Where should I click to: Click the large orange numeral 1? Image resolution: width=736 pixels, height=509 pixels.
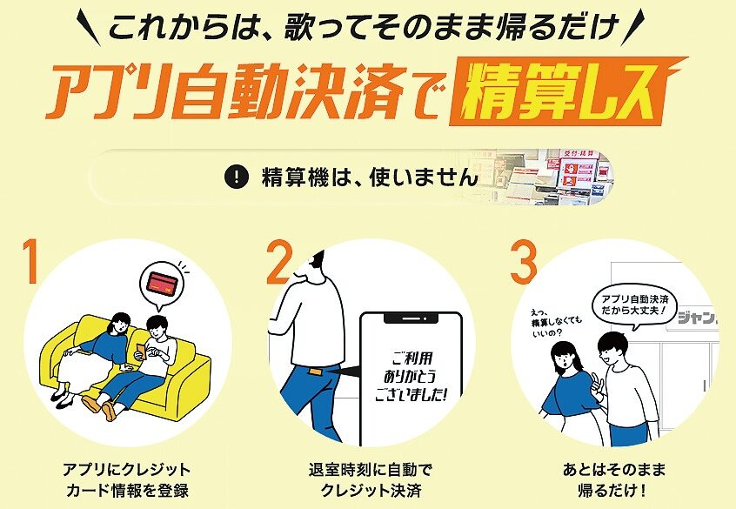pos(31,262)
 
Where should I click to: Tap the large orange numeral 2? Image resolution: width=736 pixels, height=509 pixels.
pos(279,262)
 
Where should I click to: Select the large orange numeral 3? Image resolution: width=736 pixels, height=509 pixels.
pos(524,262)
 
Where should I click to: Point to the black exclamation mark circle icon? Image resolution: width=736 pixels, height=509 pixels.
pos(236,177)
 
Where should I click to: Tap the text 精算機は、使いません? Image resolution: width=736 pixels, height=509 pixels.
pos(371,177)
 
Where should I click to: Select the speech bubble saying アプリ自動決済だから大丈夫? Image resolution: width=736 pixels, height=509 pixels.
pos(634,305)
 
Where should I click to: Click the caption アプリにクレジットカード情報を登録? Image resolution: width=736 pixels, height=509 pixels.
pos(127,480)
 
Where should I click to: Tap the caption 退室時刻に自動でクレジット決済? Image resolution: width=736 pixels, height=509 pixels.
pos(371,480)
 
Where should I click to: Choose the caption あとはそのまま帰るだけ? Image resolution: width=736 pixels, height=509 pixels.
pos(613,480)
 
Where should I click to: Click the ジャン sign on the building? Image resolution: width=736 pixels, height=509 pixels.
pos(698,318)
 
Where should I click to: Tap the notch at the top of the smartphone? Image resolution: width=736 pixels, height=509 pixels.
pos(411,318)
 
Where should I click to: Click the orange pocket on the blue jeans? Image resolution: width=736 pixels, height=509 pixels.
pos(314,374)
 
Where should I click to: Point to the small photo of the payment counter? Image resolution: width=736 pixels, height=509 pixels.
pos(545,177)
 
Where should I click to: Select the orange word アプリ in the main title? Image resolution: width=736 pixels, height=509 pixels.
pos(111,91)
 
